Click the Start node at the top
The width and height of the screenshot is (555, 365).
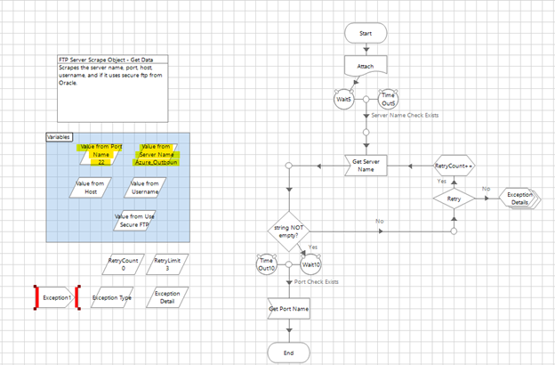[x=365, y=32]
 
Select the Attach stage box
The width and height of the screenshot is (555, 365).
[x=365, y=66]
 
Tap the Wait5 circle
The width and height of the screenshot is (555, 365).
[x=342, y=99]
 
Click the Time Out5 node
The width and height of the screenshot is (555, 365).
[x=389, y=98]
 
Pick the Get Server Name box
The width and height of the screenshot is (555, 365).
[x=365, y=166]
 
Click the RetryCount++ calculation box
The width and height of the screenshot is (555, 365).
[x=453, y=166]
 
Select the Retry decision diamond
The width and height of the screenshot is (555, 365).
[x=453, y=199]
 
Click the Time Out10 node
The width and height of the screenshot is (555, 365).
[x=267, y=264]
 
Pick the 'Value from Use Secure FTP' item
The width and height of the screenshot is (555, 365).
[x=132, y=220]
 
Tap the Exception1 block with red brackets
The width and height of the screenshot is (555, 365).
[x=57, y=297]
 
